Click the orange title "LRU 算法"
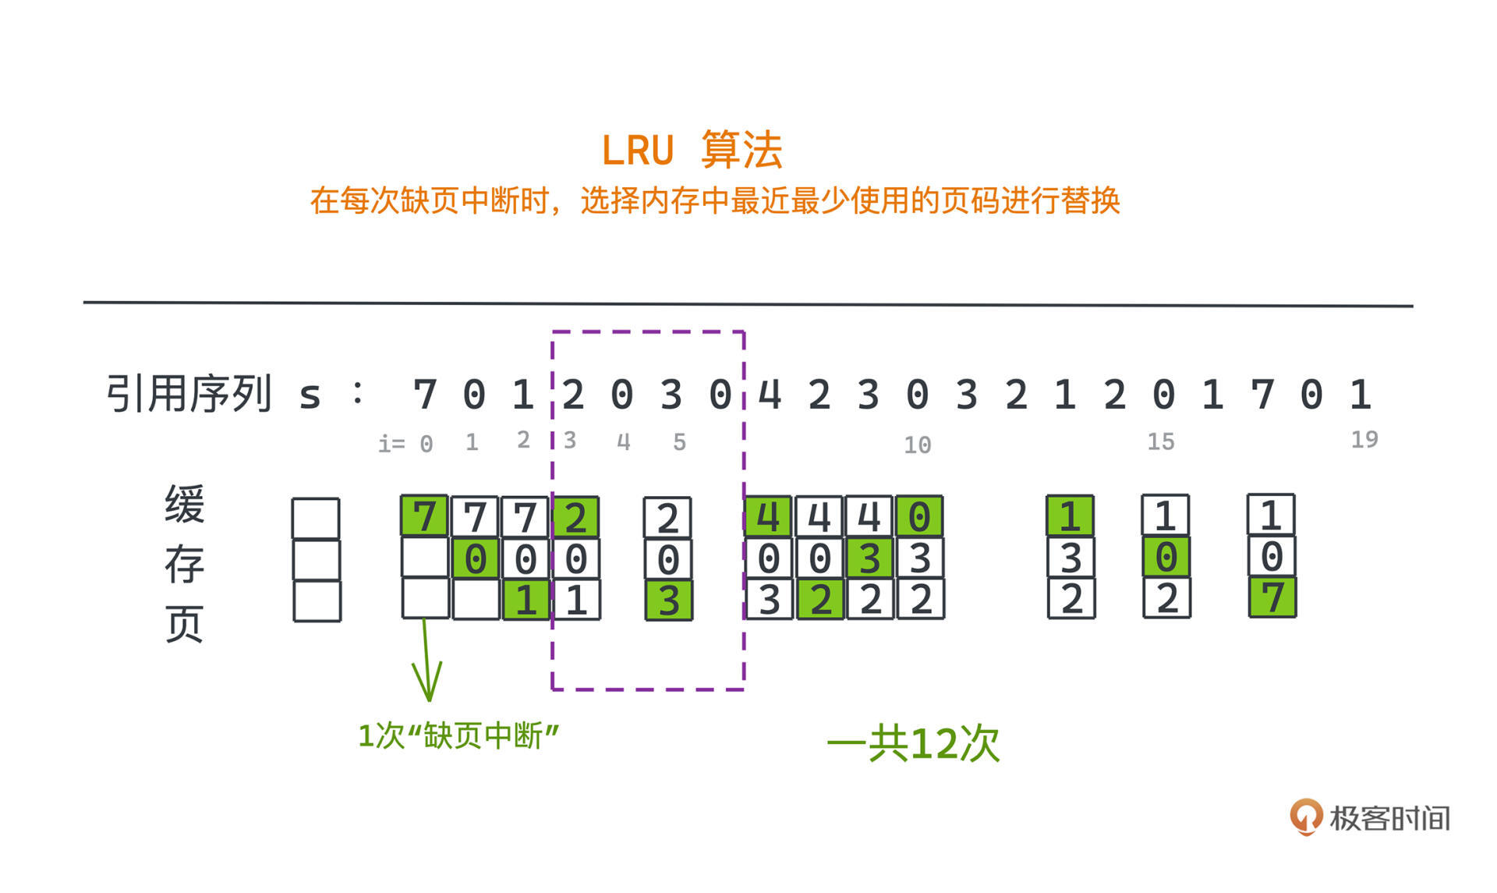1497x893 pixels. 692,149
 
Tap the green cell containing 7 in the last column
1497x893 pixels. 1272,598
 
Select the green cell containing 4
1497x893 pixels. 768,516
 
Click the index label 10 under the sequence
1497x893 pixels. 917,445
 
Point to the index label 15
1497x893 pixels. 1160,442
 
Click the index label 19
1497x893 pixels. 1364,440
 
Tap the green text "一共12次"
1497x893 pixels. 913,743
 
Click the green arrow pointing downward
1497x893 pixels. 426,663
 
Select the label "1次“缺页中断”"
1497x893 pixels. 458,736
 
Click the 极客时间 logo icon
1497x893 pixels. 1306,817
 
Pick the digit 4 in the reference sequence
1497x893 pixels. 770,395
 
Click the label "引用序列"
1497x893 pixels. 189,394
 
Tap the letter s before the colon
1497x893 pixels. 310,396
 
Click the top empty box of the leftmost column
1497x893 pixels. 316,518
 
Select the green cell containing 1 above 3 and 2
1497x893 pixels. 1070,516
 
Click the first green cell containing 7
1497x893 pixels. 424,516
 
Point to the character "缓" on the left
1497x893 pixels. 185,505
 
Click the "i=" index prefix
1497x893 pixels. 391,444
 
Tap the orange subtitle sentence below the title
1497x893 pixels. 714,201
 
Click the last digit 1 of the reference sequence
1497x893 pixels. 1360,395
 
